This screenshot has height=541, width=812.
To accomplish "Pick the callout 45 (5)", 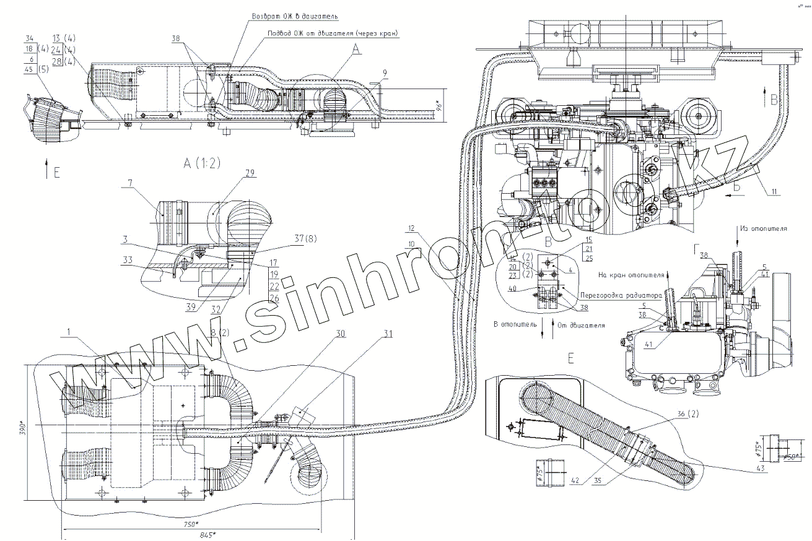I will (x=35, y=69).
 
